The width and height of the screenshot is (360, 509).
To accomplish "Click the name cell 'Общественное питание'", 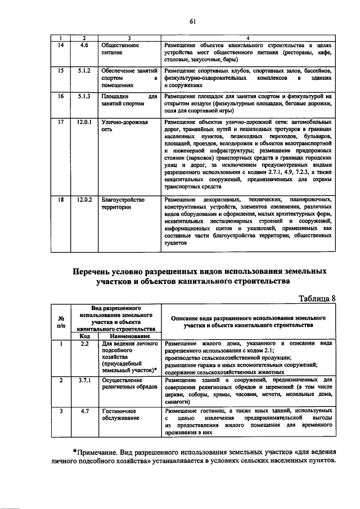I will tap(120, 47).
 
